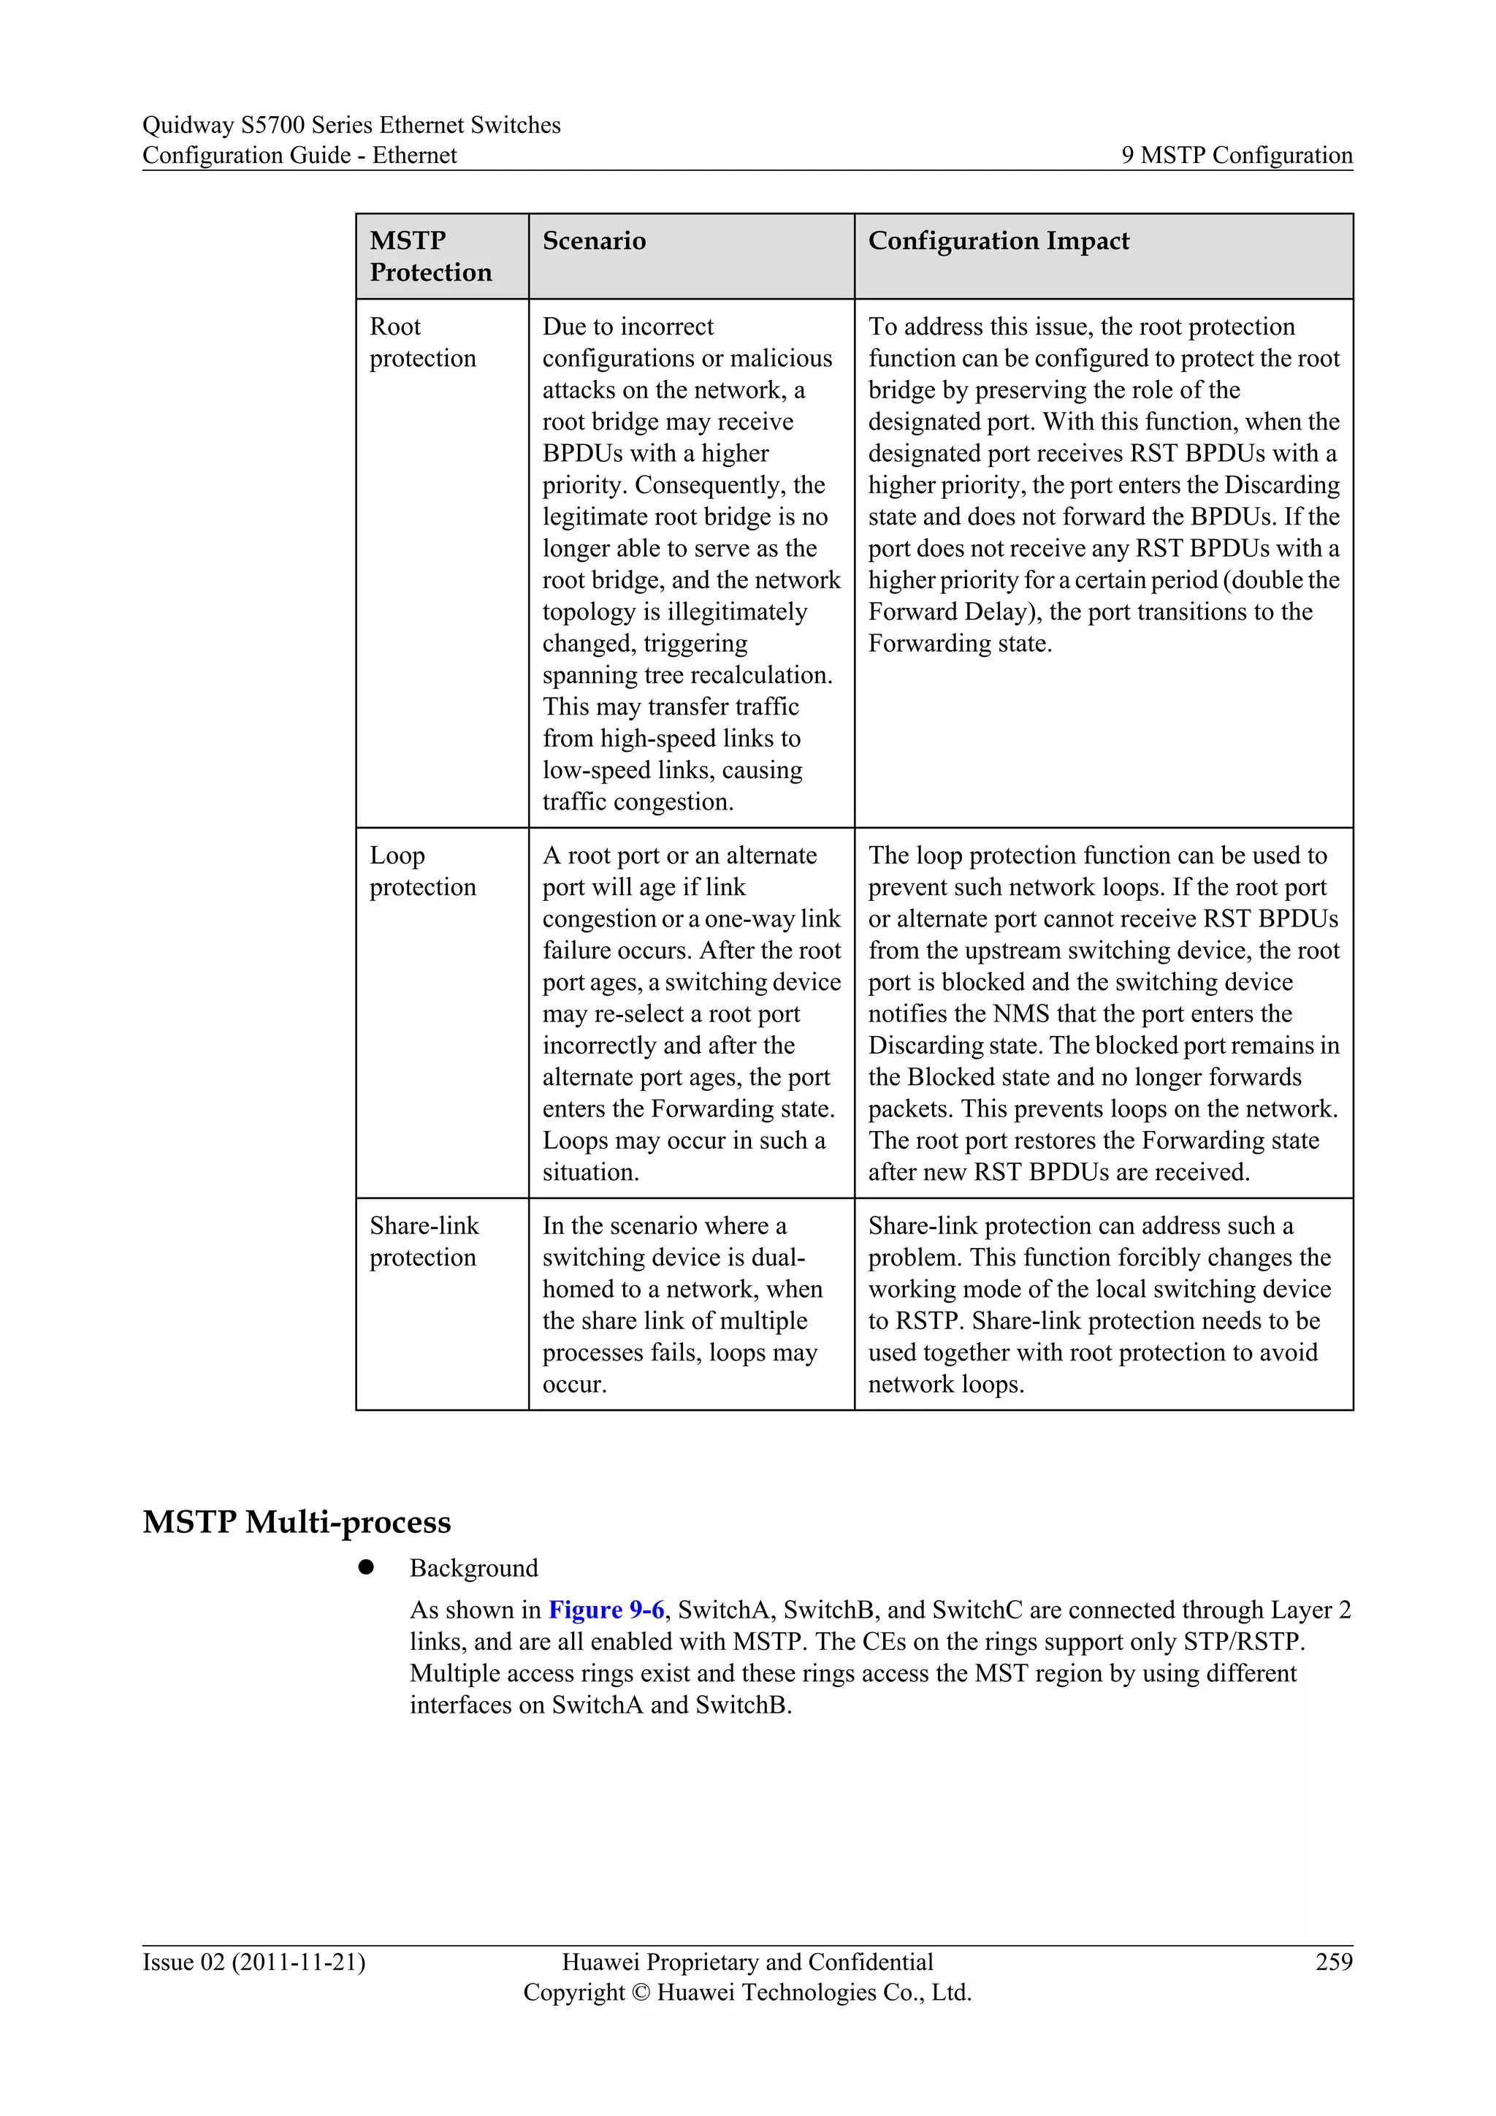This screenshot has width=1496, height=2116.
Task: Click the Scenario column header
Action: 594,240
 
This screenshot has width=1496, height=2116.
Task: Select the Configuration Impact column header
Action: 999,240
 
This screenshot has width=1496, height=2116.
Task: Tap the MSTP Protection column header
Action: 430,256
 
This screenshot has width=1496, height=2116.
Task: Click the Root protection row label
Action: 422,342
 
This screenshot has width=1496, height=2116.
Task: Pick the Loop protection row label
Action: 422,871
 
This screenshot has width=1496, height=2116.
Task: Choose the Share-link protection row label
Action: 424,1241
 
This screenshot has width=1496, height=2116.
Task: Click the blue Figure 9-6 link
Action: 606,1610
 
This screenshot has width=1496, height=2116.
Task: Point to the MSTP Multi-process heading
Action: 297,1521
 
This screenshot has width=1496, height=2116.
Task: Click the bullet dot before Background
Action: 366,1568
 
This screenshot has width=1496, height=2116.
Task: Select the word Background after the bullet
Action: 473,1569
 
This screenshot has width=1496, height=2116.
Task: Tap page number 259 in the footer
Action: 1334,1962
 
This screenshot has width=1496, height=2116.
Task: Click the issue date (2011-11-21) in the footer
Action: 299,1962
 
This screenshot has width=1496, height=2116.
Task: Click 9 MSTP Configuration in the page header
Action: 1236,155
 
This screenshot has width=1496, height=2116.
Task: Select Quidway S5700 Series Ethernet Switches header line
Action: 351,124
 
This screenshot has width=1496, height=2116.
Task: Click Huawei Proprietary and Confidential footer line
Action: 747,1962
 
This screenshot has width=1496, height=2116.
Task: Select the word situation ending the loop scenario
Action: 589,1172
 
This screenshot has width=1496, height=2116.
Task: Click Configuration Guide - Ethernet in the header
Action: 299,155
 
